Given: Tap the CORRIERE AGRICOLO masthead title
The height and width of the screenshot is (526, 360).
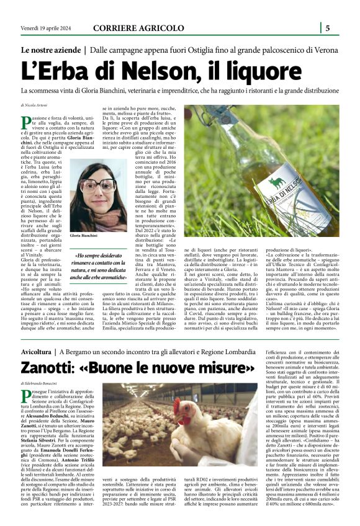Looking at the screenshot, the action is pyautogui.click(x=138, y=28).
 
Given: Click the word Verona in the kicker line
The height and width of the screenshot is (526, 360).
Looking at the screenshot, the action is pyautogui.click(x=323, y=49).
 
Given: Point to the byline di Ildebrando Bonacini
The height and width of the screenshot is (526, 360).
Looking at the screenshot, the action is pyautogui.click(x=41, y=386).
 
